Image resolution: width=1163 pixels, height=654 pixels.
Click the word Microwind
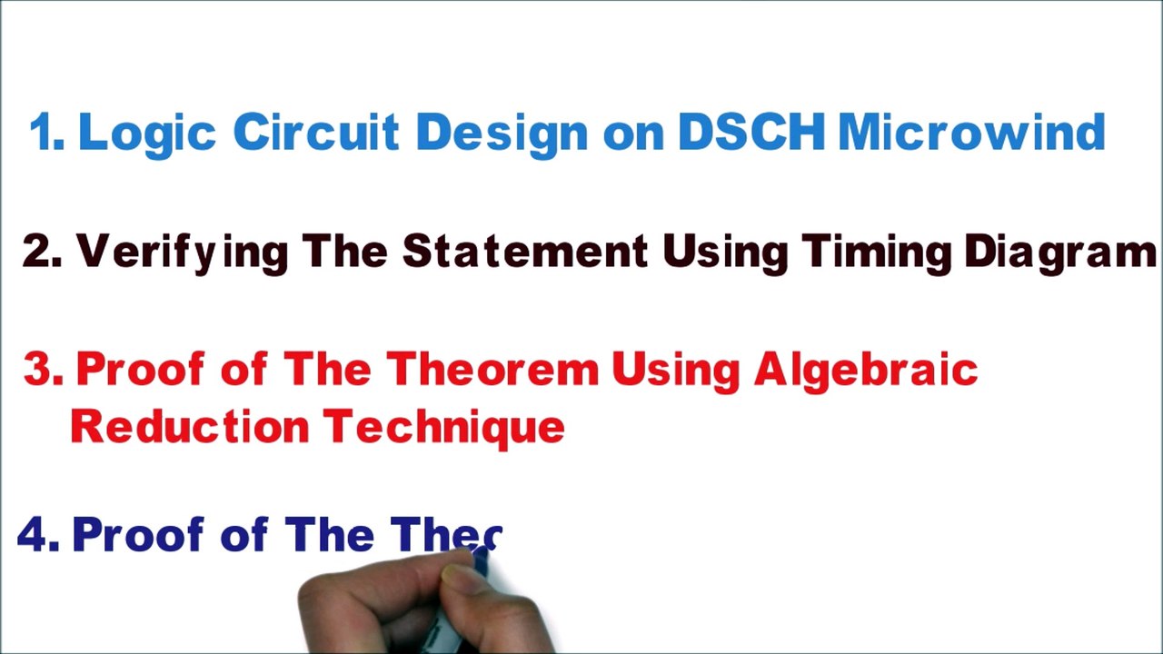click(x=970, y=133)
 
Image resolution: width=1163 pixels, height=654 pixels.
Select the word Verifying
click(x=181, y=253)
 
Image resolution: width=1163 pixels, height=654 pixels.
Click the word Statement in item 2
click(x=524, y=252)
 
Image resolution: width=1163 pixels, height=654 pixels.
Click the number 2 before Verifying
click(x=41, y=253)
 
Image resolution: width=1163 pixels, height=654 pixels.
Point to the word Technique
click(x=444, y=426)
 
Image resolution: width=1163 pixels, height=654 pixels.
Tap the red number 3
click(x=42, y=371)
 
